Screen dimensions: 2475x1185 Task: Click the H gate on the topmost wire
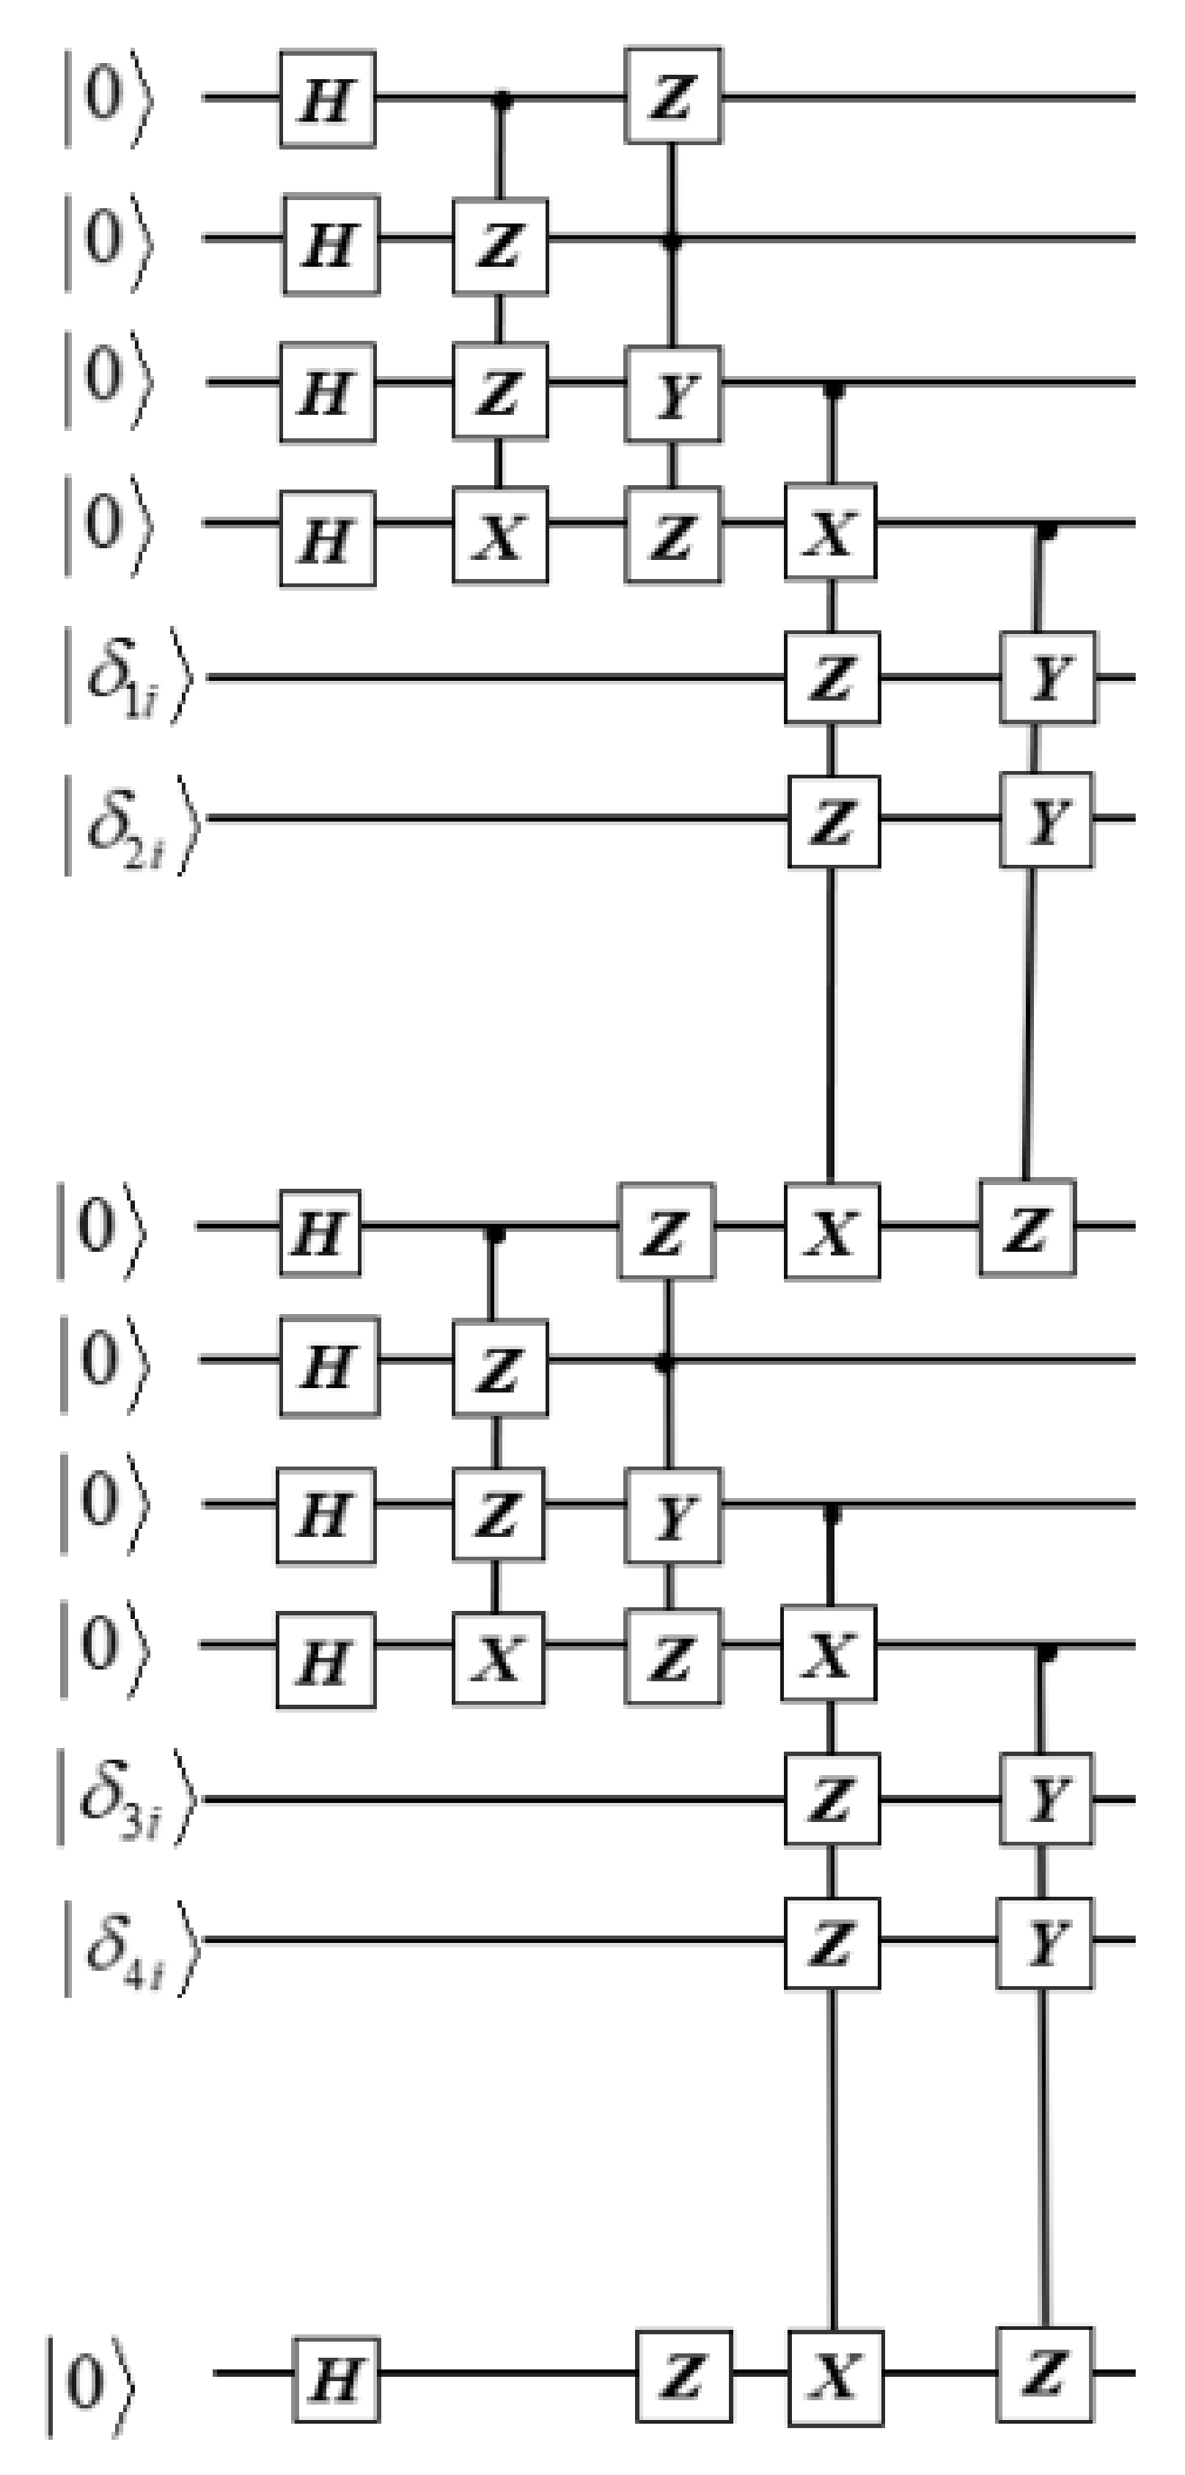(327, 99)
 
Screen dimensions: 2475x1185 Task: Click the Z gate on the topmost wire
(672, 96)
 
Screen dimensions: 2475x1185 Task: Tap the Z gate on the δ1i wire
(832, 677)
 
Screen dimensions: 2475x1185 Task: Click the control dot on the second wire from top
(672, 240)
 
